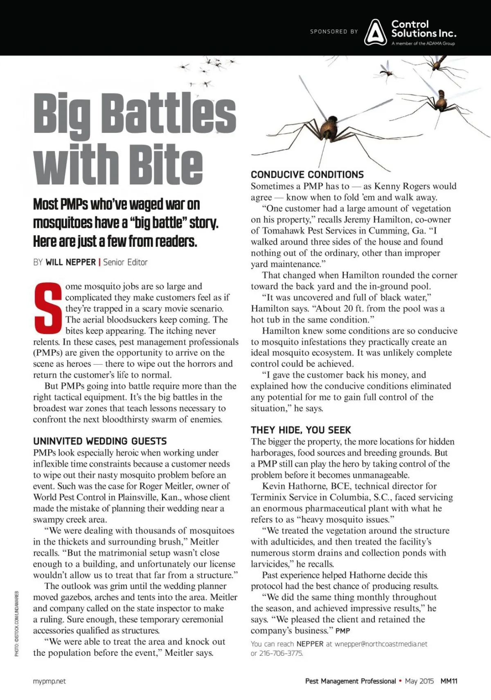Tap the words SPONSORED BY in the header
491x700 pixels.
click(334, 32)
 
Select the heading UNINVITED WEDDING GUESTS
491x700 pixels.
click(100, 441)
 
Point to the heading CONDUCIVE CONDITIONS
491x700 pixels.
click(307, 175)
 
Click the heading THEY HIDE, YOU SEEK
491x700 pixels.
click(301, 430)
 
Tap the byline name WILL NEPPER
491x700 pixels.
click(70, 262)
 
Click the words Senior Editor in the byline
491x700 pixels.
click(125, 262)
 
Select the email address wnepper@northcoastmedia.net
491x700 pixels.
click(381, 644)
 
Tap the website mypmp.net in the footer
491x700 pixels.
click(49, 681)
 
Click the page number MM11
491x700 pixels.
click(449, 681)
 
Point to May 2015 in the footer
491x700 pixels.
click(419, 681)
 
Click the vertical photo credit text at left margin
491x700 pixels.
click(17, 623)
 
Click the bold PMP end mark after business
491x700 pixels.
click(343, 631)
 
